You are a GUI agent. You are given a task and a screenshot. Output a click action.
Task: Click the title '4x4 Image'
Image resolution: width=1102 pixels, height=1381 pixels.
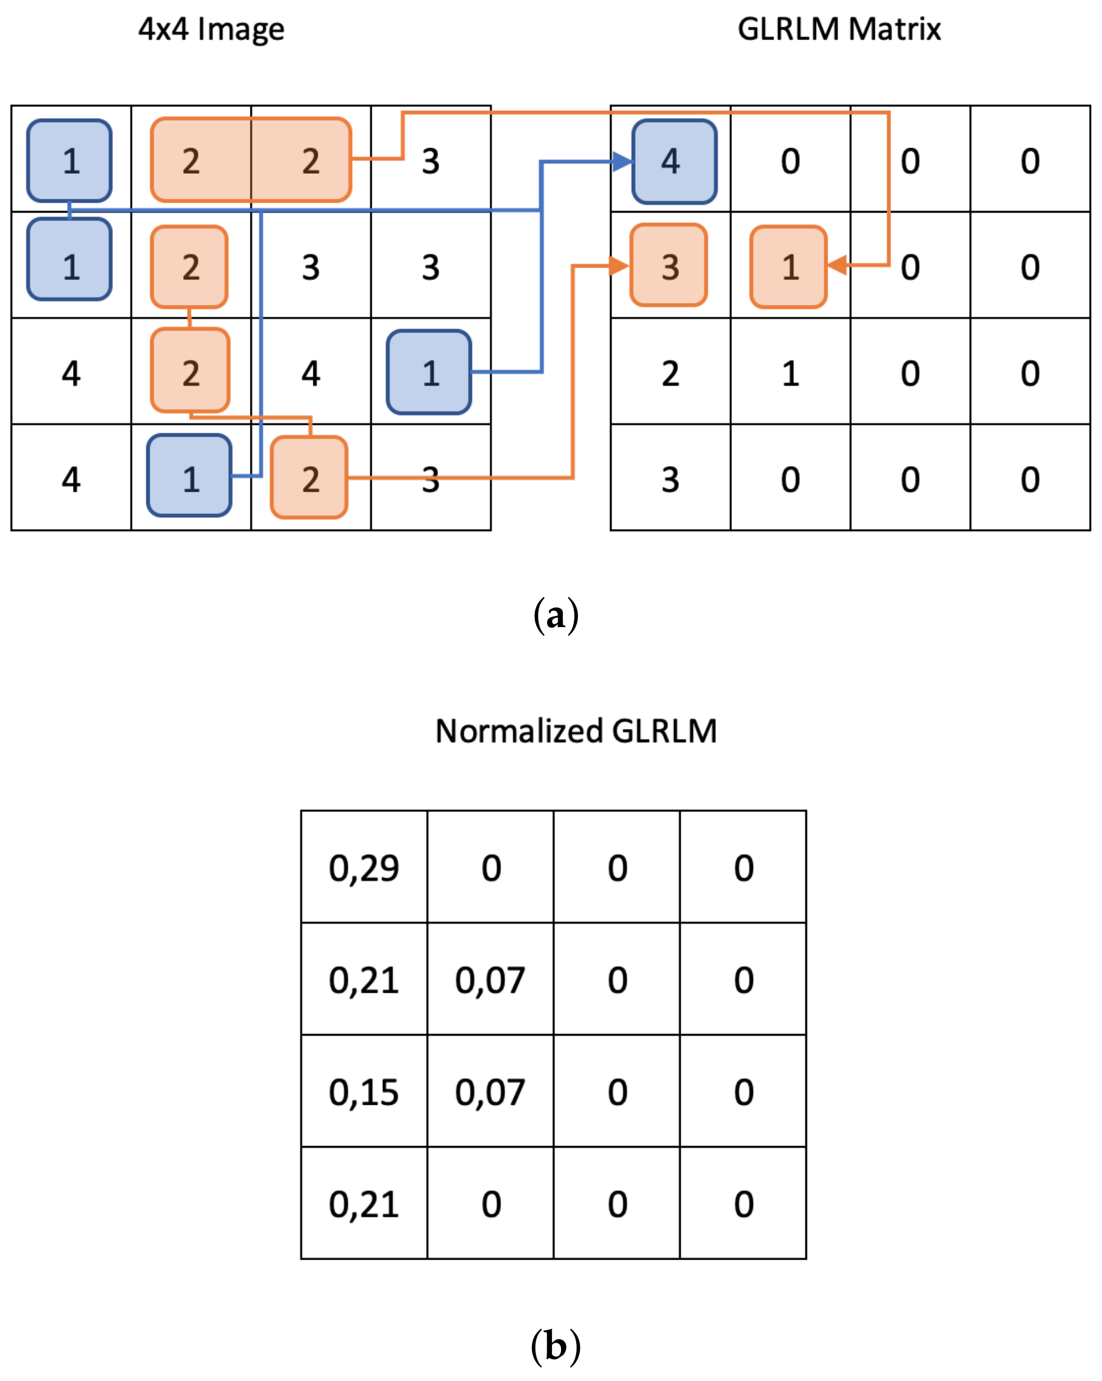click(211, 30)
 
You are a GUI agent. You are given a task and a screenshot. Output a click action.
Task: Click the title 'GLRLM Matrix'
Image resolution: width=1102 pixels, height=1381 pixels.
click(839, 30)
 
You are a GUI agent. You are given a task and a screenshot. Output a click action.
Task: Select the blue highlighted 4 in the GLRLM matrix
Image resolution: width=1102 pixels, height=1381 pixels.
click(674, 161)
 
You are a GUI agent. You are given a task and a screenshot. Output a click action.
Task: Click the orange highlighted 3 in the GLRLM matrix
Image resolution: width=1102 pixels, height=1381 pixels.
click(669, 266)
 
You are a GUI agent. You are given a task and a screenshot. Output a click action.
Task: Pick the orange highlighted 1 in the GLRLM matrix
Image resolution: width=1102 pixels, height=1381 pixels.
click(789, 267)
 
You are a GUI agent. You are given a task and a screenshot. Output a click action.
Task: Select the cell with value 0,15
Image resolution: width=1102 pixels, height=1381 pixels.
click(363, 1093)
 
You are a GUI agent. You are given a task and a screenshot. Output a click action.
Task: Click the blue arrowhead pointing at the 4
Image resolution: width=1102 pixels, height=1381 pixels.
click(622, 161)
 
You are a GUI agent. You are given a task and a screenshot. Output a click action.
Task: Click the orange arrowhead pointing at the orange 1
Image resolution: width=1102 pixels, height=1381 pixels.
click(838, 265)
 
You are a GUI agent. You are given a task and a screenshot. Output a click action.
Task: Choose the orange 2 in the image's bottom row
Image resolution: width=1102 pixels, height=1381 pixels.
click(309, 478)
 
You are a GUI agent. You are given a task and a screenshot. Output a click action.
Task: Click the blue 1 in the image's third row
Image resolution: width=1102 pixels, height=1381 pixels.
click(429, 372)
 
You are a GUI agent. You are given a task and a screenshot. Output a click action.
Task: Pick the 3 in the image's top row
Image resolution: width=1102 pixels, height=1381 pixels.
click(431, 161)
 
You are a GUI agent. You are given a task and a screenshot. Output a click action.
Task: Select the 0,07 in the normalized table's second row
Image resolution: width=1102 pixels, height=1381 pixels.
click(490, 981)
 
